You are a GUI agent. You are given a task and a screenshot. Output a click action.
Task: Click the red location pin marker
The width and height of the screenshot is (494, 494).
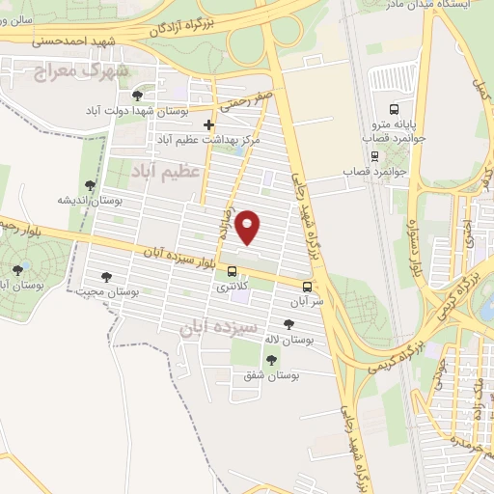[x=249, y=225]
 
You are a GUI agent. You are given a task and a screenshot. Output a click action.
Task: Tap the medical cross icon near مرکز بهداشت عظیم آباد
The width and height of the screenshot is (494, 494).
[x=208, y=124]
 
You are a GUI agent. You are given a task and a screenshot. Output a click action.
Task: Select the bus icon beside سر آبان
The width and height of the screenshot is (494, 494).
[x=308, y=287]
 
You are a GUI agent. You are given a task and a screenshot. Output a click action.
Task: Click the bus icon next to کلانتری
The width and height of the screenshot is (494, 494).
[x=232, y=272]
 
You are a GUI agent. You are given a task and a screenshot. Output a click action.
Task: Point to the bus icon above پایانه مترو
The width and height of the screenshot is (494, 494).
[x=393, y=108]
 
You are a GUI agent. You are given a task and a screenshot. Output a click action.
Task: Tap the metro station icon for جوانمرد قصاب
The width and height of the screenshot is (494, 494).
[x=370, y=155]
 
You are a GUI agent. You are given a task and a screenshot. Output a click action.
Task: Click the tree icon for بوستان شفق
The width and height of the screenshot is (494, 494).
[x=271, y=360]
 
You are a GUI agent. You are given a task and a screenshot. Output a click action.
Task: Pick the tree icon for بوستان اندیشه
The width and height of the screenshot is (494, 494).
[x=90, y=185]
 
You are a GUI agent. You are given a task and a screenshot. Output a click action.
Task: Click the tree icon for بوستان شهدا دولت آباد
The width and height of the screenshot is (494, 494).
[x=138, y=96]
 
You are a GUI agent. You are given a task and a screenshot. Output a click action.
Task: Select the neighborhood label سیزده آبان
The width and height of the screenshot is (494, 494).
[x=218, y=327]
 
